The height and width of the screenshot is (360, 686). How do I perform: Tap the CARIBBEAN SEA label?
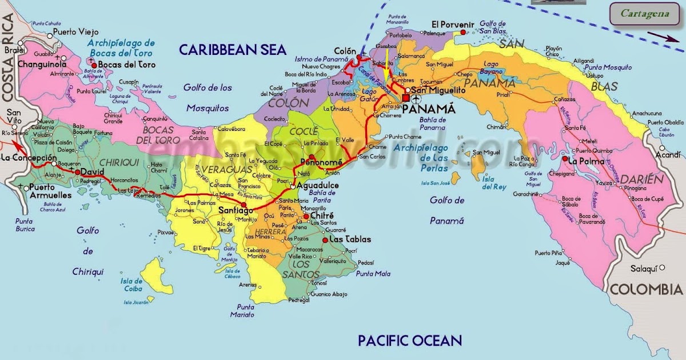(232, 50)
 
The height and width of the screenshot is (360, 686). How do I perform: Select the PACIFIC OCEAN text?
(409, 341)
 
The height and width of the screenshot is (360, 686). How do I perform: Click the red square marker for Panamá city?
(405, 98)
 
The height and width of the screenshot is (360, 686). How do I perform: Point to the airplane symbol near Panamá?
(415, 98)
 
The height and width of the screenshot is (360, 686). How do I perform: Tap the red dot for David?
(78, 171)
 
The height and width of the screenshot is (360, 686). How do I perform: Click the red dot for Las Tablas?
(325, 240)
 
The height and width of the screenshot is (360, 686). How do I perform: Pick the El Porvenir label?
(453, 24)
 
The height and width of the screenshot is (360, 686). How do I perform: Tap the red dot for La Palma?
(564, 159)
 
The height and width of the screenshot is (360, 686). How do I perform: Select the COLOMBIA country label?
(646, 290)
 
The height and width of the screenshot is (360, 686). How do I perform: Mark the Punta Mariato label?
(242, 310)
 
